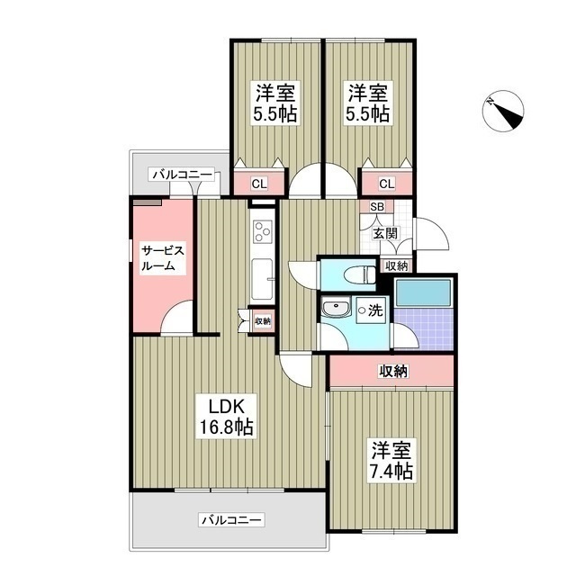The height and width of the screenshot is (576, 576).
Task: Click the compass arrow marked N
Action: click(x=505, y=113)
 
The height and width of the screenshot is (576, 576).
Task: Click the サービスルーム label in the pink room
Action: click(x=162, y=257)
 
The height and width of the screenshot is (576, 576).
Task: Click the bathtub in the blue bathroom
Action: click(x=423, y=292)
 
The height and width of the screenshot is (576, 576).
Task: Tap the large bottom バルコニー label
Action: click(x=231, y=520)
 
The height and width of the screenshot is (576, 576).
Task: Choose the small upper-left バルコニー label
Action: click(x=181, y=174)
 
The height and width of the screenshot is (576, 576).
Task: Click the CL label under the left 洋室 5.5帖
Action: click(x=258, y=184)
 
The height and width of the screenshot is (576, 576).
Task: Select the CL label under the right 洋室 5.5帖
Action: click(x=386, y=184)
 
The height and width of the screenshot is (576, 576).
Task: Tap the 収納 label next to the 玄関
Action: click(x=396, y=265)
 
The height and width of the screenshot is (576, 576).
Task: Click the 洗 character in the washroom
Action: click(x=375, y=310)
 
